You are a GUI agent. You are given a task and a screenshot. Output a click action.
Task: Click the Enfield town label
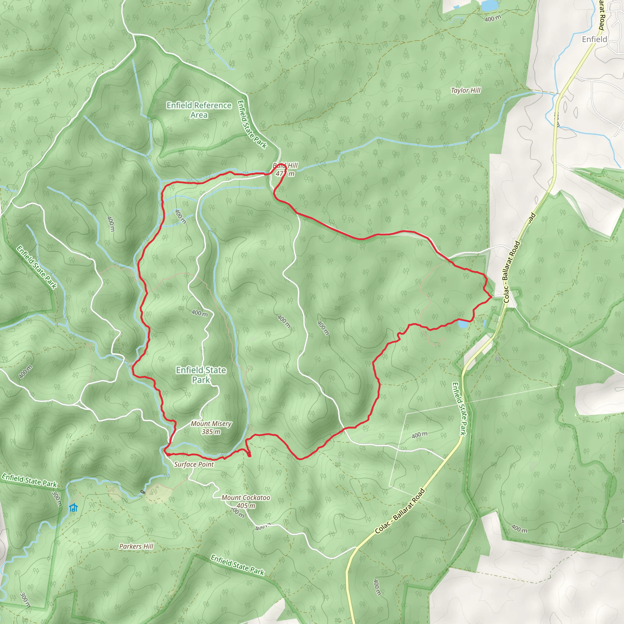(x=594, y=39)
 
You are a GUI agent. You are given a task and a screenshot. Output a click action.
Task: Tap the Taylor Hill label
(x=466, y=90)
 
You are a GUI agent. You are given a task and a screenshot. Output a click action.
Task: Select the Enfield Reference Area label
(x=199, y=110)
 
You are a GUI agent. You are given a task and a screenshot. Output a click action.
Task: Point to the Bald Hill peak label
(x=285, y=169)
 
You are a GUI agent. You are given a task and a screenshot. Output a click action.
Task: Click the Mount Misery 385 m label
(x=211, y=427)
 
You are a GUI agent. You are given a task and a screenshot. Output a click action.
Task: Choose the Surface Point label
(x=194, y=464)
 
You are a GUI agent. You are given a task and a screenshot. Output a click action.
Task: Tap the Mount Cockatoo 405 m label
(x=246, y=502)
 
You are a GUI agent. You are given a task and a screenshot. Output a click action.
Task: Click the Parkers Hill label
(x=136, y=547)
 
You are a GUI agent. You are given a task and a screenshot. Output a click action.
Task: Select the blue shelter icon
(x=73, y=508)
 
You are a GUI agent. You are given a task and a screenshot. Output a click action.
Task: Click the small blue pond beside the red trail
(x=463, y=324)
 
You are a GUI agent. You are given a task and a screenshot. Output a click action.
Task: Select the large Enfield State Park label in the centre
(x=201, y=375)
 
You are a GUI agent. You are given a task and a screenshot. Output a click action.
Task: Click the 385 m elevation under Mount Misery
(x=211, y=431)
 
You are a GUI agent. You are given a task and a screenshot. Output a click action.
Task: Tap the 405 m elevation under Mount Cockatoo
(x=246, y=506)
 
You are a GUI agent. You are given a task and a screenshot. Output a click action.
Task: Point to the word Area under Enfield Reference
(x=199, y=115)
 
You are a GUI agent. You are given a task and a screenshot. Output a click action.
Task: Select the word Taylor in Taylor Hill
(x=459, y=90)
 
